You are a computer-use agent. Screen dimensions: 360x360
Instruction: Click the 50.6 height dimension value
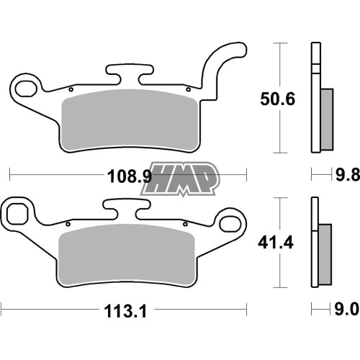[x=278, y=99]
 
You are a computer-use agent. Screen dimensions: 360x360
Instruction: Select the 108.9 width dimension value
[x=130, y=176]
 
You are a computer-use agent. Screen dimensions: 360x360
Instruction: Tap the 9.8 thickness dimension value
[x=347, y=174]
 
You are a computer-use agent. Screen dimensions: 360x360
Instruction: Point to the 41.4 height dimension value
[x=276, y=243]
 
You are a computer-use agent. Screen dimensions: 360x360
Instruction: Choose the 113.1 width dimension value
[x=125, y=312]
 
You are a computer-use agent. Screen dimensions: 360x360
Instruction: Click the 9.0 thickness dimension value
[x=347, y=309]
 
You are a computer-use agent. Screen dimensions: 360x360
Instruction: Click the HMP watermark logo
[x=179, y=179]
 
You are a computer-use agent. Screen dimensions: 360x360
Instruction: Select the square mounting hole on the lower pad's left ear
[x=17, y=212]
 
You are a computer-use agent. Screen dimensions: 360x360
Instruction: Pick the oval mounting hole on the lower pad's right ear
[x=230, y=224]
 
